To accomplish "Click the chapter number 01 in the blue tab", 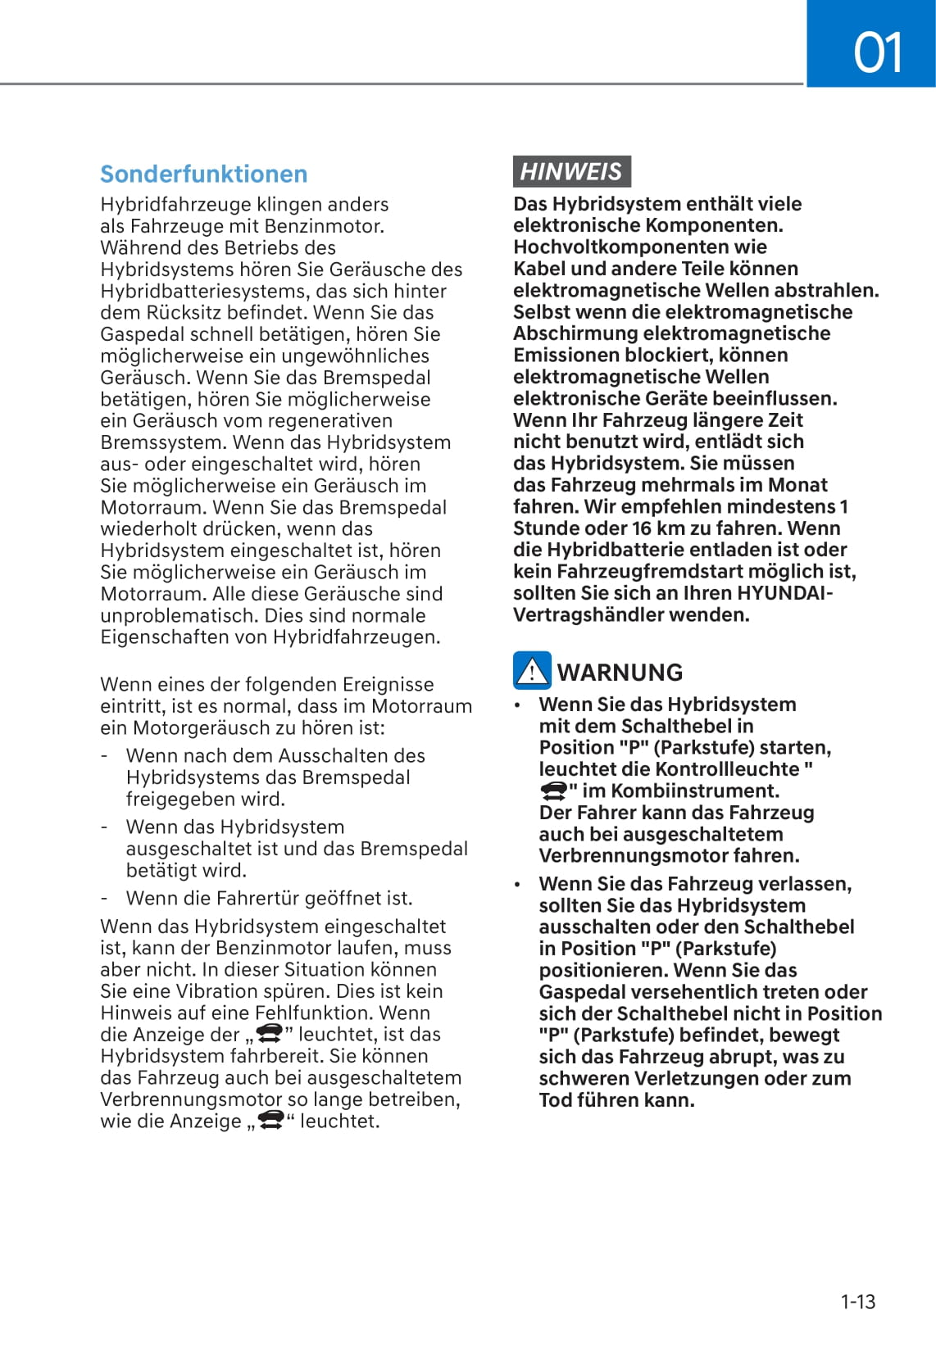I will pos(877,52).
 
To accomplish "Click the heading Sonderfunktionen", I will pos(203,174).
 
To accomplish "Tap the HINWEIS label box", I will pos(571,171).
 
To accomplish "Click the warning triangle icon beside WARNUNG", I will pos(532,671).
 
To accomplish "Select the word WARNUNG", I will pos(620,673).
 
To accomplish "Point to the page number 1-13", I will pos(857,1302).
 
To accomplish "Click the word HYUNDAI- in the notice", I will pos(784,593).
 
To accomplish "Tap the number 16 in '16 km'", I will pos(643,528).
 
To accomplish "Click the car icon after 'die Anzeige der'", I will pos(270,1033).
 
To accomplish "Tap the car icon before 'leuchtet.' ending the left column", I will pos(271,1120).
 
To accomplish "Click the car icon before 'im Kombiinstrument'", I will pos(554,791).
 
